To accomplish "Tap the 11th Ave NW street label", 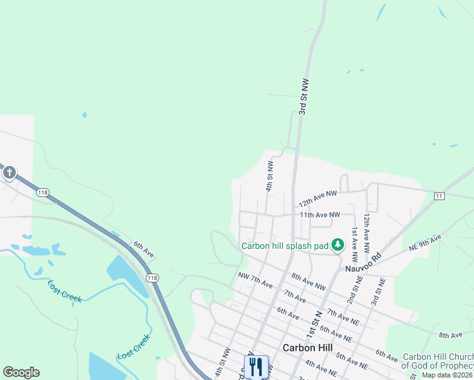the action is click(320, 215).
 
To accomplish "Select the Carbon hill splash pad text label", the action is click(285, 246).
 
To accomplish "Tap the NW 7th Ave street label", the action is click(255, 279).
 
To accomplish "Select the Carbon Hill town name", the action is click(307, 348).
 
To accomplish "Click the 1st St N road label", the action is click(312, 324).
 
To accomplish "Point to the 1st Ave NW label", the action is click(355, 245).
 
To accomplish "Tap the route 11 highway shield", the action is click(439, 196).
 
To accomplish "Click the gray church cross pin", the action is click(9, 172).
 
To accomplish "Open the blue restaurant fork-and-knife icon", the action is click(256, 365).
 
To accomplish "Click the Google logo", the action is click(21, 372).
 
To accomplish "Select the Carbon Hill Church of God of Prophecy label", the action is click(438, 362).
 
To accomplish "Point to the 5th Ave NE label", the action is click(353, 360).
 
